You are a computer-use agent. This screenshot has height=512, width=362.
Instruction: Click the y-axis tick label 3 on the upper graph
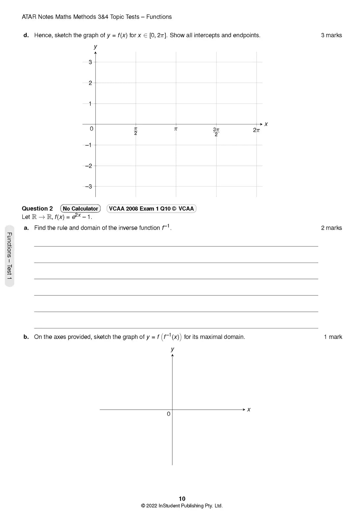coord(90,62)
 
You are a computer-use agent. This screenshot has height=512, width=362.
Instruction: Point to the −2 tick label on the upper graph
coord(89,166)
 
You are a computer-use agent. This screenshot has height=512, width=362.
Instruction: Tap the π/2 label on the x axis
coord(136,131)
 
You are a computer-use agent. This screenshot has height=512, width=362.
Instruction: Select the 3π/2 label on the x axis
coord(216,132)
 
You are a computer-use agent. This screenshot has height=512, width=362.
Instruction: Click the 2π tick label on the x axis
coord(256,130)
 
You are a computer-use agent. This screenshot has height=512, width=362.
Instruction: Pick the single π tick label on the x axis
coord(176,129)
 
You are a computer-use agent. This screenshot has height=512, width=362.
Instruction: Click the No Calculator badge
coord(80,209)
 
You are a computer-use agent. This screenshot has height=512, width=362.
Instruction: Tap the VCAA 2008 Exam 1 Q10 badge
coord(151,209)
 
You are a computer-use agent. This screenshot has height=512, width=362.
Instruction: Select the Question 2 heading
coord(37,209)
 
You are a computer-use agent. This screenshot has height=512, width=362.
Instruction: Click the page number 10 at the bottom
coord(182,499)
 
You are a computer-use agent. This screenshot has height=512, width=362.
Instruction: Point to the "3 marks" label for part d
coord(331,35)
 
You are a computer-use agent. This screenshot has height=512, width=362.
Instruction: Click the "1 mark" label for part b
coord(333,337)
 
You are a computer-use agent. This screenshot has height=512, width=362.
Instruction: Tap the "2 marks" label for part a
coord(331,228)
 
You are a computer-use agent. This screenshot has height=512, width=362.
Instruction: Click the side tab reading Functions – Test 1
coord(10,256)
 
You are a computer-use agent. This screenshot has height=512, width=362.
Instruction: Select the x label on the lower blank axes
coord(249,409)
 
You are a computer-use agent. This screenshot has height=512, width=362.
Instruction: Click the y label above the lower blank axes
coord(172,349)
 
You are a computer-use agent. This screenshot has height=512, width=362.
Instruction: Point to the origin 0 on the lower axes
coord(168,414)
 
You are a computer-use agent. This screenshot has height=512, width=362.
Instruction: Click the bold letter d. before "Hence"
coord(26,35)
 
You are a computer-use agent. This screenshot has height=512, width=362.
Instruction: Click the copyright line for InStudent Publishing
coord(182,506)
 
